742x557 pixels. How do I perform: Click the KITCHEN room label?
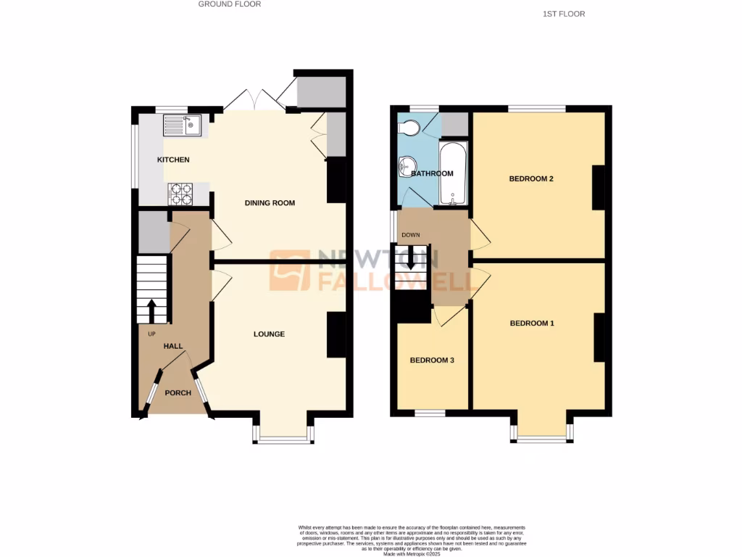[173, 160]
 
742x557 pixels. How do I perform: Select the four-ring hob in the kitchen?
[180, 194]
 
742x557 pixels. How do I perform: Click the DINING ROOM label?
[270, 203]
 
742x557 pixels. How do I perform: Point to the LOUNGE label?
[269, 334]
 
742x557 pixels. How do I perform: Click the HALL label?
[172, 347]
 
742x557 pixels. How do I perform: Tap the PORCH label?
[178, 393]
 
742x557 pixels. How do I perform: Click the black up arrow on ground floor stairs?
[152, 310]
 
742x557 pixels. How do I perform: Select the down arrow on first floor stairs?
[411, 260]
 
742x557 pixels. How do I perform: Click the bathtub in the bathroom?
[454, 173]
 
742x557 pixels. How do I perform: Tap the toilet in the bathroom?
[409, 128]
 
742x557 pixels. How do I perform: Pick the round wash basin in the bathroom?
[405, 167]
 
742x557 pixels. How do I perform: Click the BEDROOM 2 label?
[531, 178]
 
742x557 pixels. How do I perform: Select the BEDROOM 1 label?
[531, 323]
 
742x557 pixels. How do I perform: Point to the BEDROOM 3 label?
[432, 360]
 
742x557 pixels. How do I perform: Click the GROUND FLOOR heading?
[230, 4]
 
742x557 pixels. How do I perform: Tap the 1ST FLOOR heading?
[563, 14]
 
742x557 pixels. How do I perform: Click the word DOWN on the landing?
[411, 235]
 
